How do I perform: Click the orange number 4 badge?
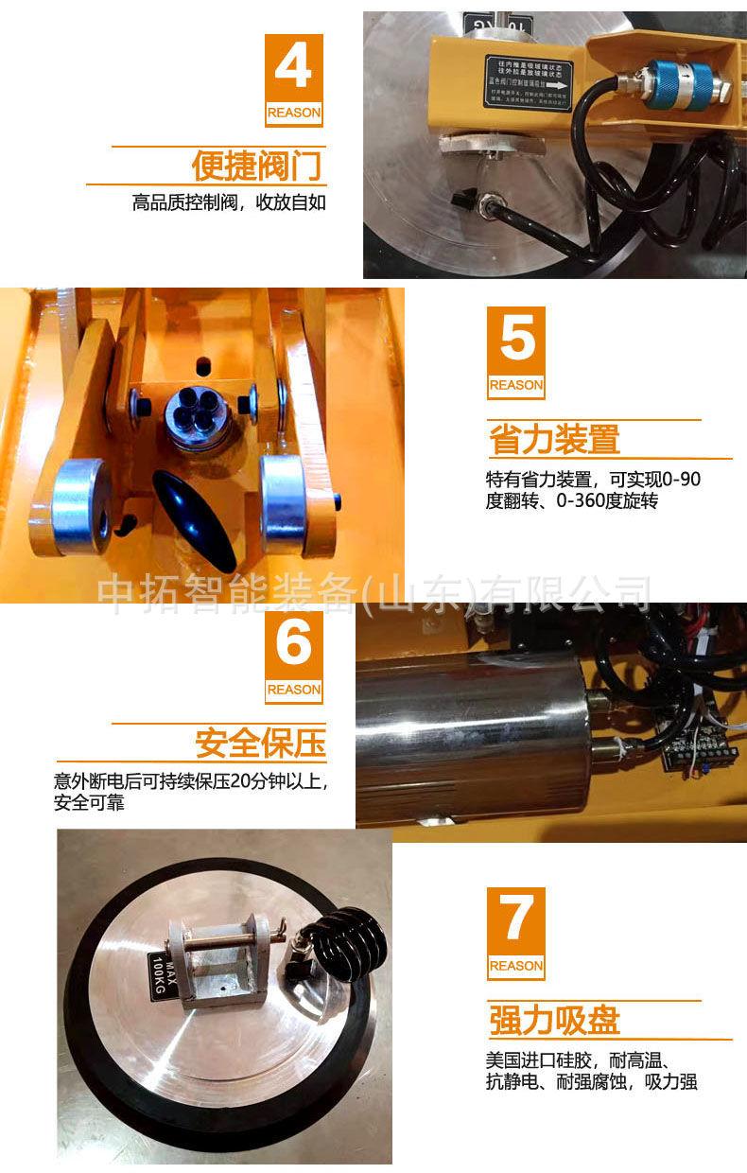(293, 80)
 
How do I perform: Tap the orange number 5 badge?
(515, 352)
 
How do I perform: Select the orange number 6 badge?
(293, 657)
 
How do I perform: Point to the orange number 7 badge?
(515, 933)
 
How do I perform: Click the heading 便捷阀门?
(257, 166)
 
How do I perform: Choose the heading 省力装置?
(554, 440)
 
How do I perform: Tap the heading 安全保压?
(260, 744)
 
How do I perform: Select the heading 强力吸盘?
(554, 1021)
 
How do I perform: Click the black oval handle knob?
(195, 515)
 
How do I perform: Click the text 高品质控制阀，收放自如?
(229, 202)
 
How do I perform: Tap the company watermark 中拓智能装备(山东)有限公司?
(375, 594)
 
